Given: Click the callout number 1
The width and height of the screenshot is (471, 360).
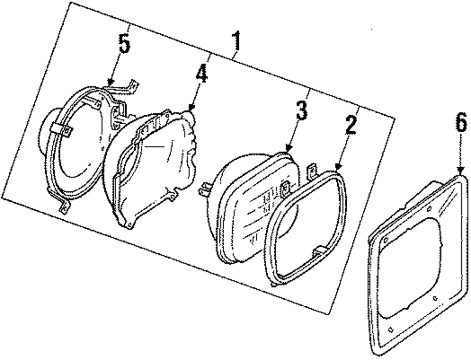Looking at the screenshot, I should [x=236, y=42].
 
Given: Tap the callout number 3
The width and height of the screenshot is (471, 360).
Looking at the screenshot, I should [x=301, y=110].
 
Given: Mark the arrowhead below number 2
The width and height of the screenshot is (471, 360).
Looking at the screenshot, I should [x=337, y=167].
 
